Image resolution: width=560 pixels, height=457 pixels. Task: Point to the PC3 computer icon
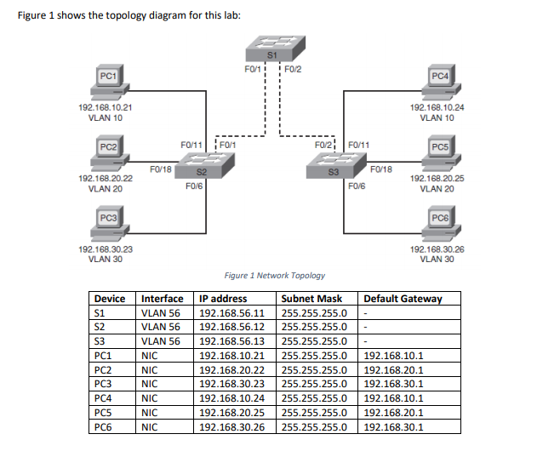point(106,223)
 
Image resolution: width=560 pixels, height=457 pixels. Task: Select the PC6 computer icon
point(438,223)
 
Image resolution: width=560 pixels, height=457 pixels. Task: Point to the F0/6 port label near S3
point(357,186)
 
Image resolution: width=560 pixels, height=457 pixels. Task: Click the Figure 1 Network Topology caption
point(274,276)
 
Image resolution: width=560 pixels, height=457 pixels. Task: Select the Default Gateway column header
point(403,299)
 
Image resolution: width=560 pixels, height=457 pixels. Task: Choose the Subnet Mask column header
point(311,299)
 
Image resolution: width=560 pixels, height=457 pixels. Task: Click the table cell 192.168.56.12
point(232,327)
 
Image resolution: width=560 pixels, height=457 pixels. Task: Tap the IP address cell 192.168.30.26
point(232,426)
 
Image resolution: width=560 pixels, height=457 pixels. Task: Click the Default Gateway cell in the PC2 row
point(393,368)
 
